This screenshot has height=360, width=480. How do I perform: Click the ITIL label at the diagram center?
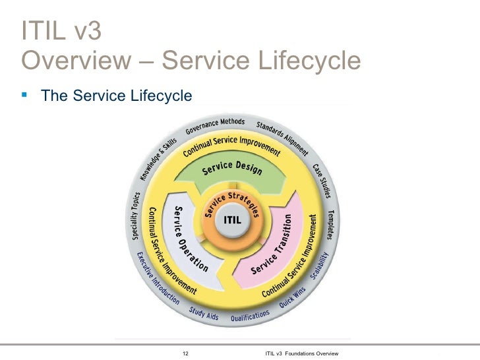pos(233,219)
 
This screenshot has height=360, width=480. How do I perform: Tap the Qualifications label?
pos(250,316)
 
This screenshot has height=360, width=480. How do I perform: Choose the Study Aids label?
pos(204,313)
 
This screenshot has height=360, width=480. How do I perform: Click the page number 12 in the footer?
pos(185,354)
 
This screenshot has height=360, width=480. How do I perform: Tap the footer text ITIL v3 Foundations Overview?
pos(301,354)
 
